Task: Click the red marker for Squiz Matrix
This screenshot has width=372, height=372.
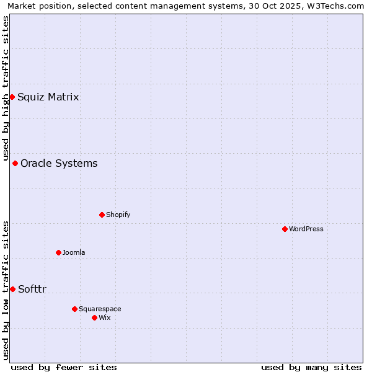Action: [x=12, y=97]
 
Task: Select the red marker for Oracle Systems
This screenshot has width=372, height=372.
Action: [x=15, y=163]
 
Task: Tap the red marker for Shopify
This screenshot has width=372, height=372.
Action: [x=102, y=215]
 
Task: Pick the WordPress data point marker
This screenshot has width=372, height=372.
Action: [x=285, y=229]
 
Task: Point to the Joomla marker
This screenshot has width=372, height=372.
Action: [x=58, y=252]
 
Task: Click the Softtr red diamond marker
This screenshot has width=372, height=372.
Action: [x=12, y=289]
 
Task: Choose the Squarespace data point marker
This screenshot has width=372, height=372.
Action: [x=74, y=309]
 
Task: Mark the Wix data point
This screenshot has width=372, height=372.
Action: [x=94, y=317]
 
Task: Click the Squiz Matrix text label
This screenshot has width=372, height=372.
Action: [x=48, y=97]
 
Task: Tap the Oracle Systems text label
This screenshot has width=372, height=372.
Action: [x=59, y=163]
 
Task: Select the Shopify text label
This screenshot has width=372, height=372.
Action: [x=118, y=215]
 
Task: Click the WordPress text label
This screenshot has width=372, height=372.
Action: [x=306, y=229]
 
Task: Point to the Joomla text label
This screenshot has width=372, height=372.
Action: [x=74, y=252]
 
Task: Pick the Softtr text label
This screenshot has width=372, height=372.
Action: [x=32, y=289]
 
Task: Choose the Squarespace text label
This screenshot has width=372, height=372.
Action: [x=100, y=309]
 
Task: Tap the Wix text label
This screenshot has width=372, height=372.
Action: [x=104, y=317]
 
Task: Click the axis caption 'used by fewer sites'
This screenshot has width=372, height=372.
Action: [x=64, y=367]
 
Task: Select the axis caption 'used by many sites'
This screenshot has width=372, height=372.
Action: [x=311, y=367]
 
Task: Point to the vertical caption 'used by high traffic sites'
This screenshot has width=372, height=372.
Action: [x=6, y=88]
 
